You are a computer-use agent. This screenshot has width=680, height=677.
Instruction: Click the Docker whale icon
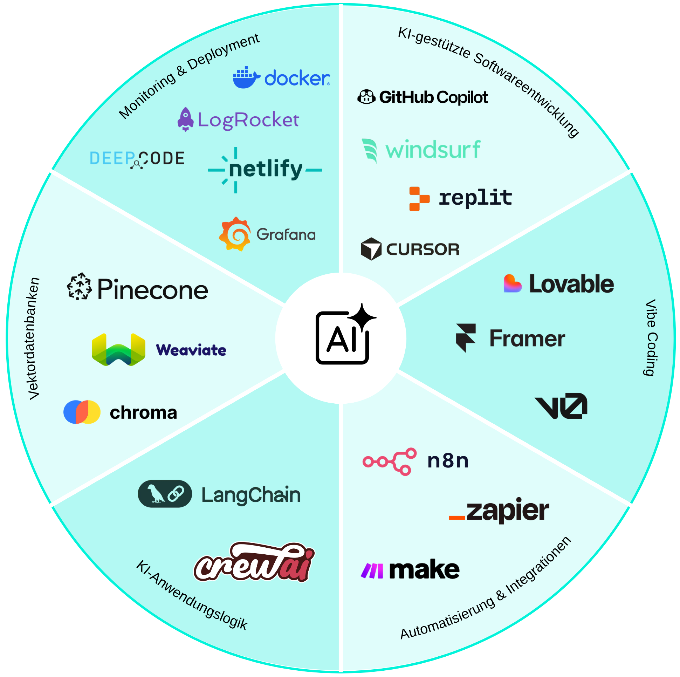click(246, 77)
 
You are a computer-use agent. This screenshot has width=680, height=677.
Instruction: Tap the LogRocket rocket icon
click(185, 119)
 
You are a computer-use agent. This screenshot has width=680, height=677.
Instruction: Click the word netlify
click(266, 169)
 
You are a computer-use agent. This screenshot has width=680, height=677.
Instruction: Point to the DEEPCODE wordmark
click(137, 159)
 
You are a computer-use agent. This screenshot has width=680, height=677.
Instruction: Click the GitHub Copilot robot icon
click(366, 97)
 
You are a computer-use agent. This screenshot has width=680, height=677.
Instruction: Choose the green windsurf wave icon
click(370, 150)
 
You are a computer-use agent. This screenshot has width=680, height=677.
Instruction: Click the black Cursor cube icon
click(371, 249)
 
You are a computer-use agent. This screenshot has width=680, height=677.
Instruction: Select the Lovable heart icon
click(512, 283)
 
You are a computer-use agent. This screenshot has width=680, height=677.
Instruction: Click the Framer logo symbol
click(466, 337)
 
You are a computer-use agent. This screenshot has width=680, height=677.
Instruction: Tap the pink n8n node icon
click(389, 461)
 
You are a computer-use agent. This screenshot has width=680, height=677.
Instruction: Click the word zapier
click(508, 511)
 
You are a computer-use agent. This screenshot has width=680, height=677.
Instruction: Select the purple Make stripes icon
click(372, 571)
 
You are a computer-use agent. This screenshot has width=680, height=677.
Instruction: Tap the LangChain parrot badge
click(165, 494)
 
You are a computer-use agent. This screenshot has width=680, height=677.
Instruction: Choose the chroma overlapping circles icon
click(82, 412)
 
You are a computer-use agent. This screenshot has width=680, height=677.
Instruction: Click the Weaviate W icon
click(118, 350)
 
